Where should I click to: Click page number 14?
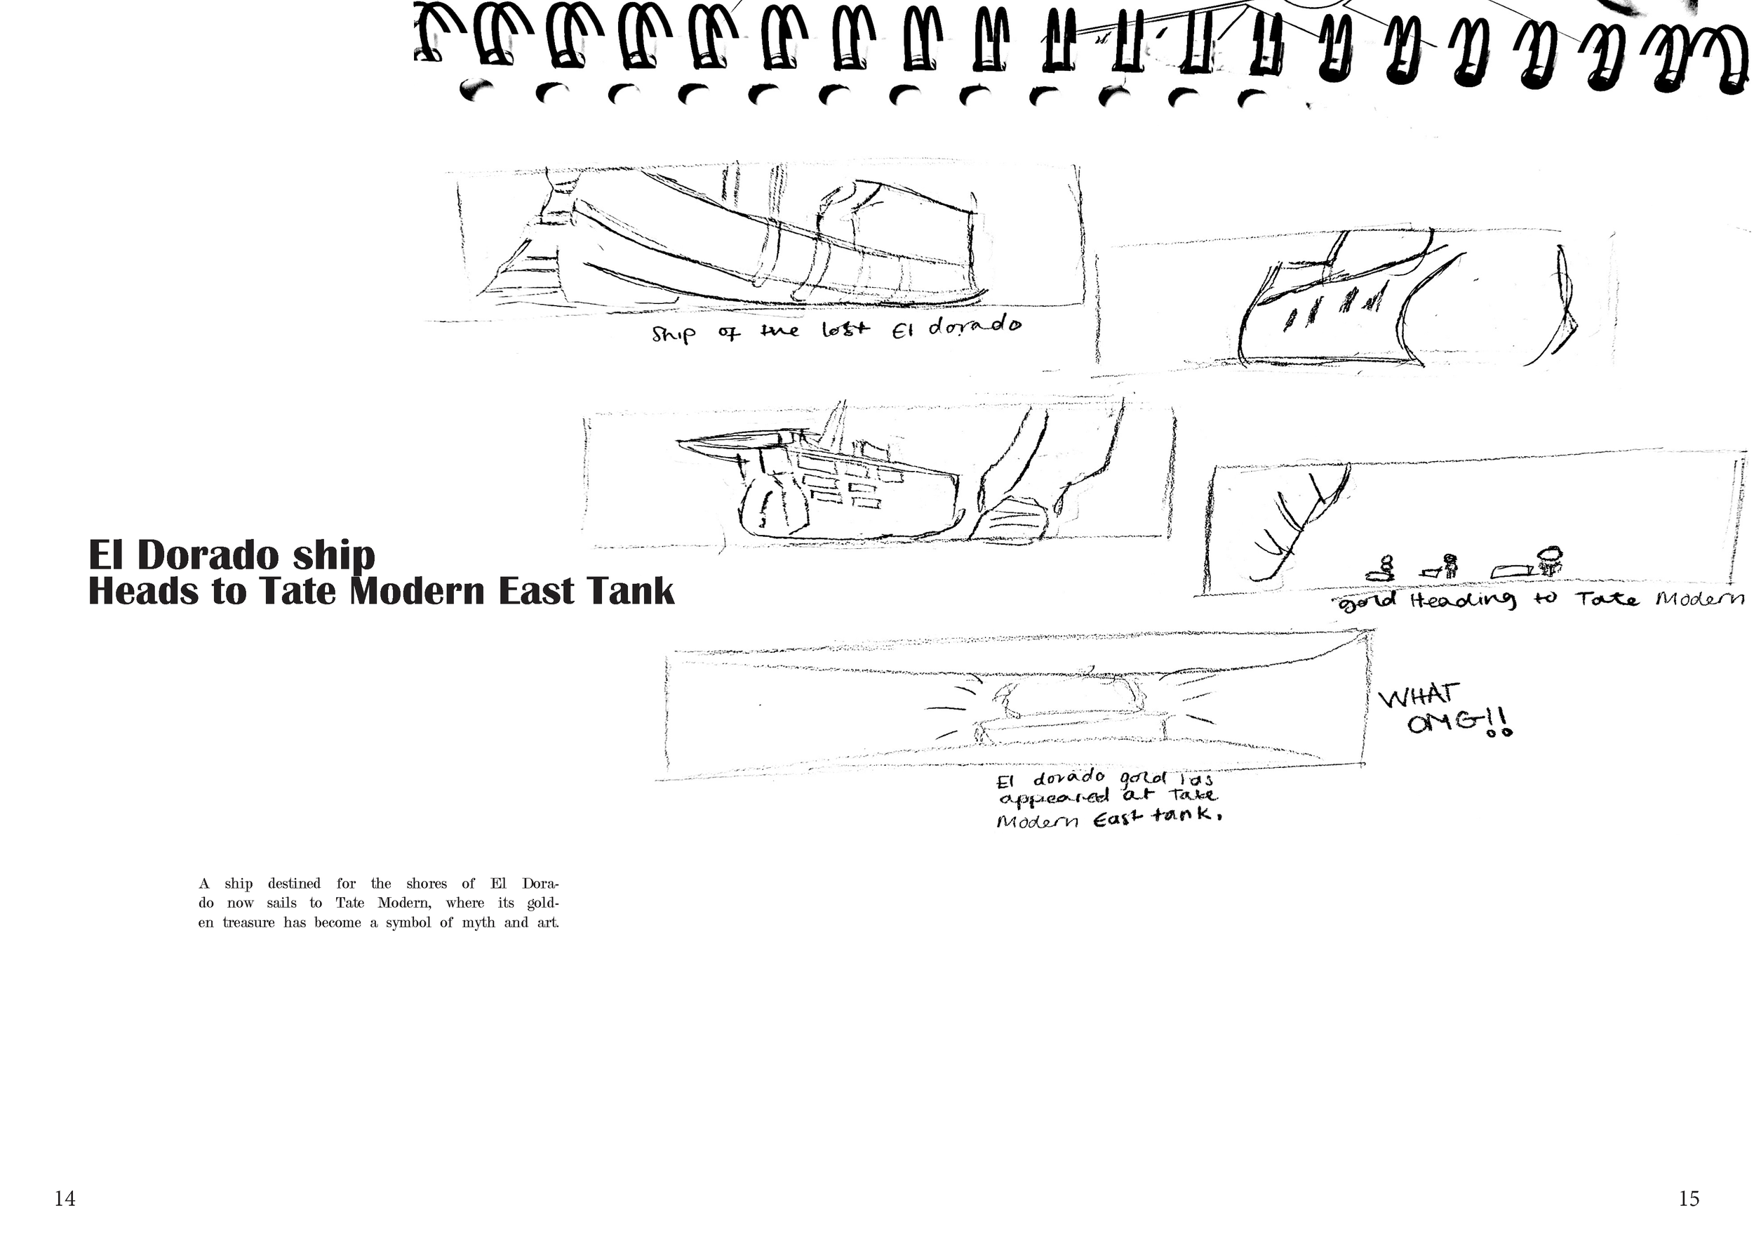pyautogui.click(x=65, y=1199)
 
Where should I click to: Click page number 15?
pyautogui.click(x=1689, y=1199)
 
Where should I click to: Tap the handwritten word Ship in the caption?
pyautogui.click(x=673, y=334)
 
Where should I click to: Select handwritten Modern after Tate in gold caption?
pyautogui.click(x=1700, y=600)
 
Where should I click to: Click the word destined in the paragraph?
pyautogui.click(x=294, y=884)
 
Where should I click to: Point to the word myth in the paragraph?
pyautogui.click(x=478, y=922)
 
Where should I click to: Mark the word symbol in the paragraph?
pyautogui.click(x=409, y=922)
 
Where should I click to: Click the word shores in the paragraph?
pyautogui.click(x=427, y=884)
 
